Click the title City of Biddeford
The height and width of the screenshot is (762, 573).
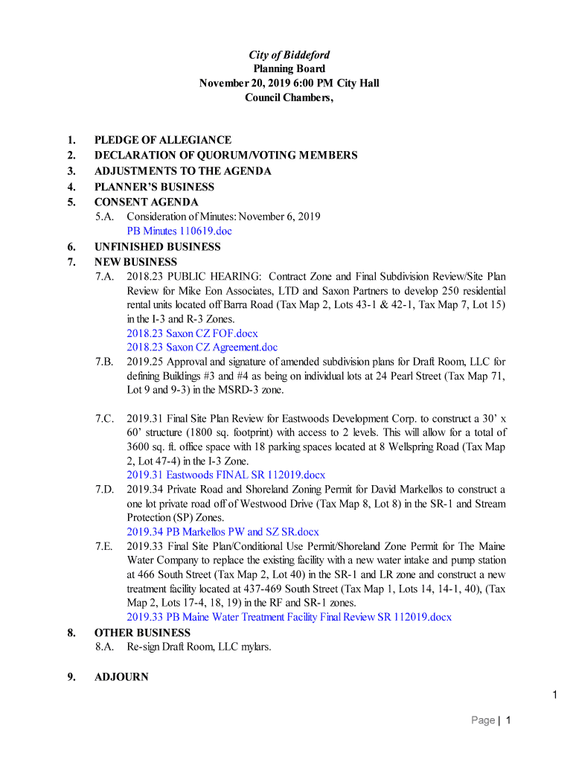(x=289, y=55)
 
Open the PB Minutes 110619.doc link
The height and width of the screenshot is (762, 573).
(x=179, y=231)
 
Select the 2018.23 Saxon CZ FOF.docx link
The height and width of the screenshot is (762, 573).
(x=192, y=333)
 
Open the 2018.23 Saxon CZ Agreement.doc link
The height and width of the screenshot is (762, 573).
(x=202, y=348)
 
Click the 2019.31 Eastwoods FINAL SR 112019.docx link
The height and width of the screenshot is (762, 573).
(x=225, y=475)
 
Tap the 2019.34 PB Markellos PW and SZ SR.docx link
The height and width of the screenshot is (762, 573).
(x=223, y=532)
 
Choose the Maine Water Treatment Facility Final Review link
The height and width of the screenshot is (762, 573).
(x=289, y=618)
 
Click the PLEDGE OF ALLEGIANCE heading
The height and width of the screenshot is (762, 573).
(x=162, y=140)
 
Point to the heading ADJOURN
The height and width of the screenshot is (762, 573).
(x=121, y=677)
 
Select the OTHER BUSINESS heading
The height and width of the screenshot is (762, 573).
(x=142, y=633)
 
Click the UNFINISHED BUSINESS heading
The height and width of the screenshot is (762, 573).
(x=157, y=247)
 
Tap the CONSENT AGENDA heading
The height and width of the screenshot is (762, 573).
(x=146, y=202)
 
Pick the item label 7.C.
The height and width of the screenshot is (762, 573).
(x=104, y=418)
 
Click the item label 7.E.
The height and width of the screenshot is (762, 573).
(x=104, y=547)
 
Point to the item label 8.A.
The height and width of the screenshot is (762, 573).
(x=104, y=647)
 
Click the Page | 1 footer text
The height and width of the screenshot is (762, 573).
(x=490, y=720)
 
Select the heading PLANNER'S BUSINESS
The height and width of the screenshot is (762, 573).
(x=154, y=187)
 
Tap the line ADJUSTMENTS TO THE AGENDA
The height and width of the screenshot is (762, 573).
(x=182, y=171)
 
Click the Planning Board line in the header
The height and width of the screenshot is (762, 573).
(x=289, y=69)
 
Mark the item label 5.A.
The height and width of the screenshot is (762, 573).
(x=104, y=217)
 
